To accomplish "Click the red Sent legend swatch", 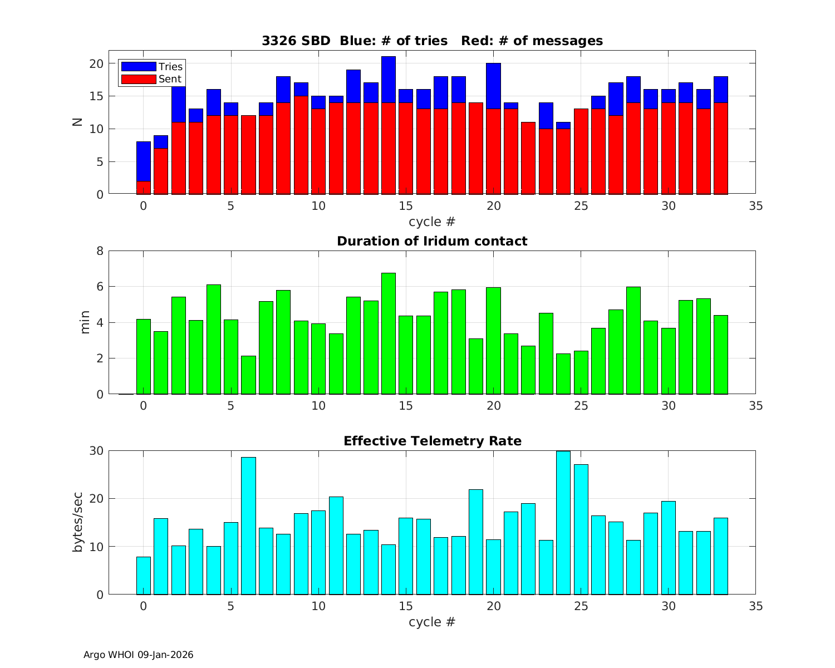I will pyautogui.click(x=138, y=79).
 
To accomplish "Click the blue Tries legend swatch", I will pyautogui.click(x=138, y=67).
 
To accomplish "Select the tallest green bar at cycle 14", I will pyautogui.click(x=389, y=334).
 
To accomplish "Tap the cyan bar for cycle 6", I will pyautogui.click(x=248, y=526).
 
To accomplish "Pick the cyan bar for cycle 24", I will pyautogui.click(x=563, y=523).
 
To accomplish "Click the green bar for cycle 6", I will pyautogui.click(x=248, y=375).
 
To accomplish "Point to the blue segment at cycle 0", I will pyautogui.click(x=144, y=161).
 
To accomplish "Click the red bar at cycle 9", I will pyautogui.click(x=301, y=145).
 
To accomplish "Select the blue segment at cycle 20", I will pyautogui.click(x=493, y=86).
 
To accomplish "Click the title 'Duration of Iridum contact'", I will pyautogui.click(x=432, y=241).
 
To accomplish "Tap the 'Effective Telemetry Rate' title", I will pyautogui.click(x=432, y=441).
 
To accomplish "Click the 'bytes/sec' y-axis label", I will pyautogui.click(x=78, y=522).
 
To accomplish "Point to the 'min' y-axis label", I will pyautogui.click(x=85, y=323).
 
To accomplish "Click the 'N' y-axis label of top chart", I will pyautogui.click(x=77, y=122).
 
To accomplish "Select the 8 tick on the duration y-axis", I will pyautogui.click(x=100, y=251).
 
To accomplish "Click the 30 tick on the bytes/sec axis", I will pyautogui.click(x=96, y=451).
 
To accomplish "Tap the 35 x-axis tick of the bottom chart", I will pyautogui.click(x=755, y=606).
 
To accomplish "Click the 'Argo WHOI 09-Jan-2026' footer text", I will pyautogui.click(x=138, y=655).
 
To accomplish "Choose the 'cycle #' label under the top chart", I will pyautogui.click(x=432, y=222).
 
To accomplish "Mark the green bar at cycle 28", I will pyautogui.click(x=633, y=341).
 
